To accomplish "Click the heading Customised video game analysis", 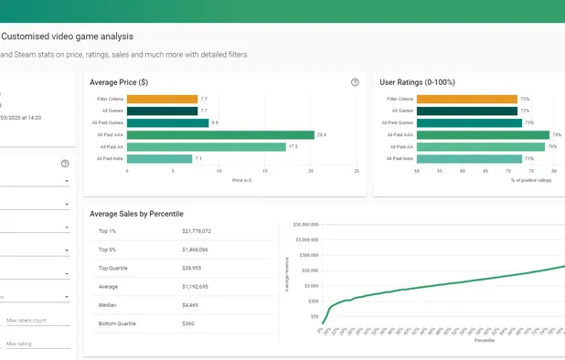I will [x=68, y=37].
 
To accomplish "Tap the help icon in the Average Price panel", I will [x=355, y=82].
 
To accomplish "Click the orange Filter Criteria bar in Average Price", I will [x=162, y=99].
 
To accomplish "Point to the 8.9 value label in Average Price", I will [x=215, y=122].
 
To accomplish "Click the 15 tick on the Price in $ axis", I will [x=264, y=171].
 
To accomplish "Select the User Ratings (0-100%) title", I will [x=417, y=82].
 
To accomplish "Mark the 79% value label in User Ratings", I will [x=556, y=134].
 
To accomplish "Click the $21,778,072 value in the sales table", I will [x=197, y=231].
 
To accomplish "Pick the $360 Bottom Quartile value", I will [x=188, y=323].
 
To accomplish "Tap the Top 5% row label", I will [x=108, y=249].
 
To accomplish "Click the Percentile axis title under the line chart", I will [x=485, y=341].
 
